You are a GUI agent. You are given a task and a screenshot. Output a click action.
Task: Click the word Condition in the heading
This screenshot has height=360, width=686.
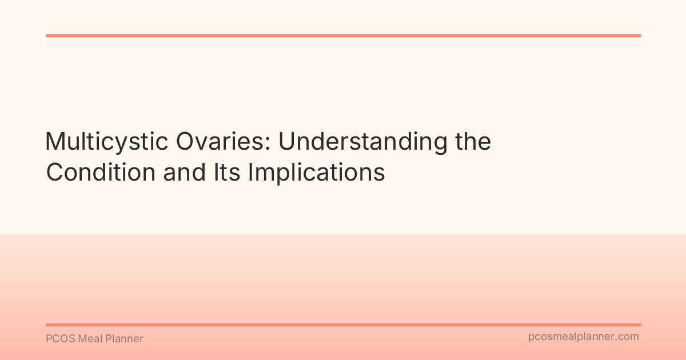pos(101,173)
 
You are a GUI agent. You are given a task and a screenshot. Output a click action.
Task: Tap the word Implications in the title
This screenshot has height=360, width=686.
pos(316,173)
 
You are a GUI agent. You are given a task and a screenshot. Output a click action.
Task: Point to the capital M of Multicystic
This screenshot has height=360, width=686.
pos(55,142)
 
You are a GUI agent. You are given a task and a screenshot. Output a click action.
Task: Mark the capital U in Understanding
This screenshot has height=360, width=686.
pos(286,142)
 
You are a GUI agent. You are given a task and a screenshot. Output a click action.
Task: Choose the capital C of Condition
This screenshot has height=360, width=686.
pos(55,173)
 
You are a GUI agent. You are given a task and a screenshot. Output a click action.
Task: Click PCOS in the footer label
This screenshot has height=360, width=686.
pos(58,339)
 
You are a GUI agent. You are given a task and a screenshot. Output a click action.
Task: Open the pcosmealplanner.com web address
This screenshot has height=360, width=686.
pos(583,337)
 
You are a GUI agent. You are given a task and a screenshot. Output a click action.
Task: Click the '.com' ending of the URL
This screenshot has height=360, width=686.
pos(628,337)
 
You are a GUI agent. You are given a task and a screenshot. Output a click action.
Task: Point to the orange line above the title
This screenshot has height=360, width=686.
pos(343,35)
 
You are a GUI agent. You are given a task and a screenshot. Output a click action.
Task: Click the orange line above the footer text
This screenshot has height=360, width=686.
pos(343,325)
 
